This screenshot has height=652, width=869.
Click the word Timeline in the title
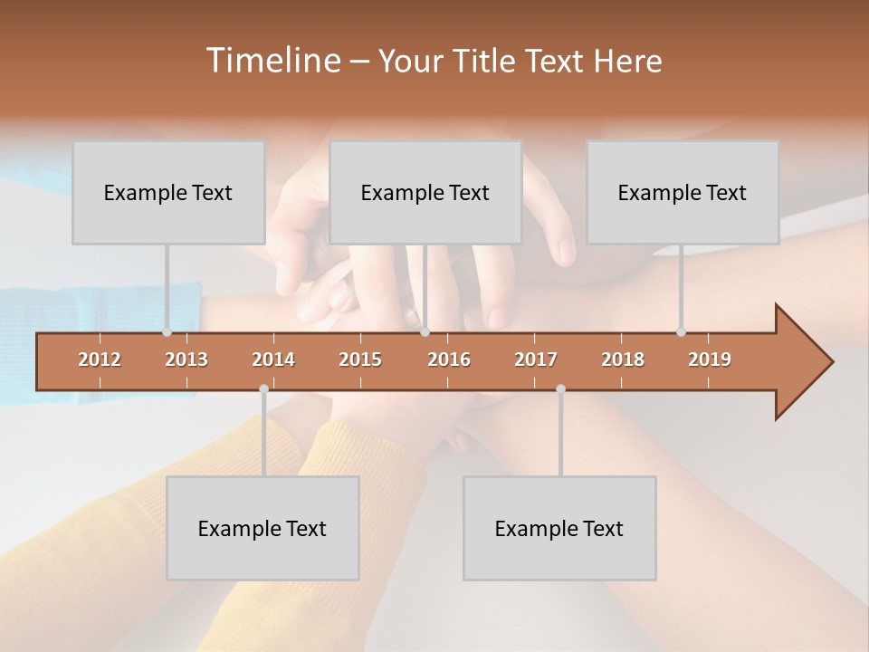click(272, 61)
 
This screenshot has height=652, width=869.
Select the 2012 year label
click(100, 360)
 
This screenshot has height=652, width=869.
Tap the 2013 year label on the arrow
click(186, 360)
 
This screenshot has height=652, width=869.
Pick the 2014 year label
click(273, 360)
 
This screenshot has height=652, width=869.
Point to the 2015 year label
click(360, 360)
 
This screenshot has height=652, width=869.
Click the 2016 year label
click(449, 360)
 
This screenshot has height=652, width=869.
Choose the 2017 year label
click(536, 360)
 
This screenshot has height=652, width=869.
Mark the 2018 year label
click(623, 360)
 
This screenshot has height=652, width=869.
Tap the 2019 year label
click(710, 360)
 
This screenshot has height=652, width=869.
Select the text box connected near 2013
click(168, 192)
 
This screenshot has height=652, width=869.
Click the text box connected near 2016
click(425, 192)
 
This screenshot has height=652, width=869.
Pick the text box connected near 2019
click(683, 192)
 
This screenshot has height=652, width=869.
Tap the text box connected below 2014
click(263, 528)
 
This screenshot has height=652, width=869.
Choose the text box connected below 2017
click(559, 528)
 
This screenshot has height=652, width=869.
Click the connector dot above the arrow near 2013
click(167, 331)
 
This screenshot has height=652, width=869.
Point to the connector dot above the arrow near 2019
click(681, 331)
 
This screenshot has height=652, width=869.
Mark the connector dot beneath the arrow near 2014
click(263, 388)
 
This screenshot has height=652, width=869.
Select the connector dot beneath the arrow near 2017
click(560, 388)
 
